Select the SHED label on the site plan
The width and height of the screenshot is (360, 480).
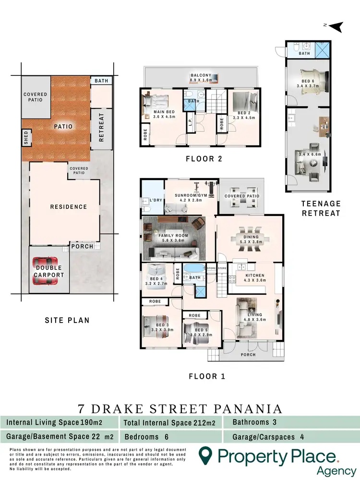[26, 138]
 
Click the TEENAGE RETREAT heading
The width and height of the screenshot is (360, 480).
[321, 208]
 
